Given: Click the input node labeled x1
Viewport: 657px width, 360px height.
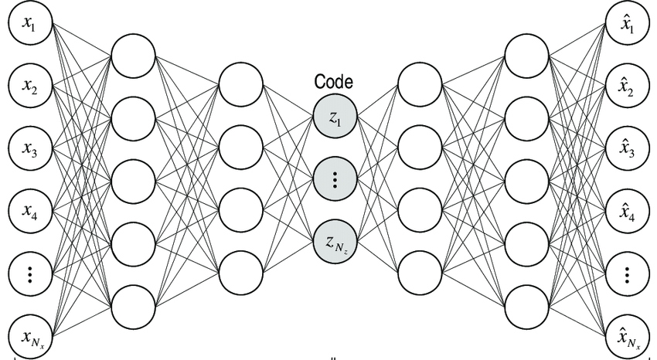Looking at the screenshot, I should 29,24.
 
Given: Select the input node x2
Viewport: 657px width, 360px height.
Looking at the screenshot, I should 29,87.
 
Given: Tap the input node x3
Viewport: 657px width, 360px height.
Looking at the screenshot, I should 29,149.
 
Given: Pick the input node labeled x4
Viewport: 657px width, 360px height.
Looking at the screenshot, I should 29,210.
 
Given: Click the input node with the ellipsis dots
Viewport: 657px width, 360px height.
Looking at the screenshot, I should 29,272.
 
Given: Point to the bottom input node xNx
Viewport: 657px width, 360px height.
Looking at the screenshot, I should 29,335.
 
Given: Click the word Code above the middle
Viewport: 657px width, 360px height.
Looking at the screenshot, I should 333,82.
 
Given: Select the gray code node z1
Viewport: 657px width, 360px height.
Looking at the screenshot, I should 334,117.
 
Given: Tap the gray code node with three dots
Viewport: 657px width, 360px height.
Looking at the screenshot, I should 334,179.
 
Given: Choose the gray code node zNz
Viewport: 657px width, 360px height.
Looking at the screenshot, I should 334,241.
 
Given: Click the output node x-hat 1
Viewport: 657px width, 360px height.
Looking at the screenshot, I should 627,24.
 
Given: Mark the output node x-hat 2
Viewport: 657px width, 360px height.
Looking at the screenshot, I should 627,87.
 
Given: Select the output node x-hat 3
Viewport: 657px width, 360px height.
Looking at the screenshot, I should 627,149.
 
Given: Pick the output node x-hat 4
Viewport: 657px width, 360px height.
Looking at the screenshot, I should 627,210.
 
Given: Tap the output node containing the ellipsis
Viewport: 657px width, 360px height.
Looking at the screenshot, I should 627,272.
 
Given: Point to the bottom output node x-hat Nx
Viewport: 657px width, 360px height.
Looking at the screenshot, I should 627,335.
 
